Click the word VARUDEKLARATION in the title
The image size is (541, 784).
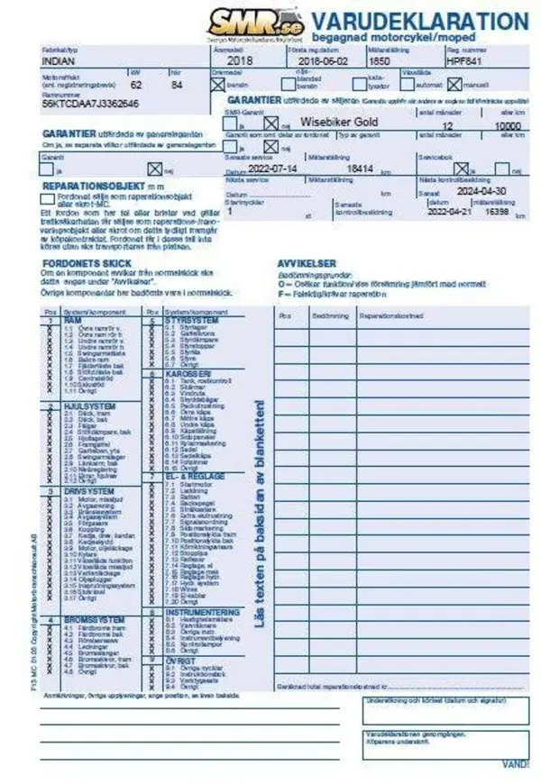click(419, 21)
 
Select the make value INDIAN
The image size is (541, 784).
click(60, 61)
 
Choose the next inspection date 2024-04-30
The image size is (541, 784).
click(483, 191)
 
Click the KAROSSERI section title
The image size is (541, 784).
click(188, 372)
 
